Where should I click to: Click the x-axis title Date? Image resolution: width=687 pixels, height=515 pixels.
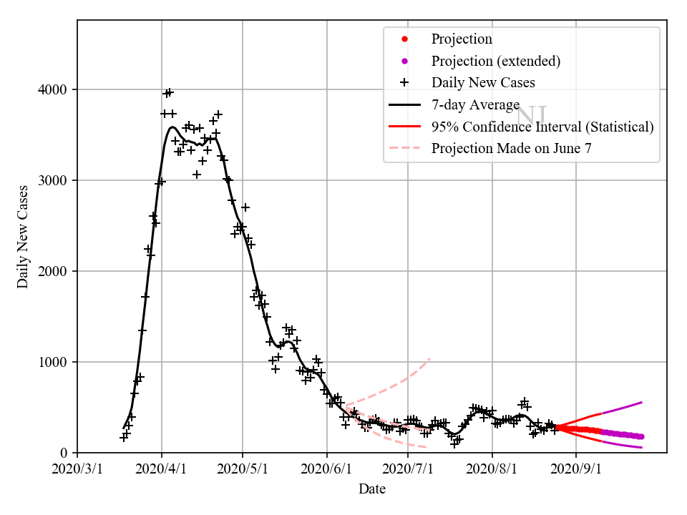click(372, 489)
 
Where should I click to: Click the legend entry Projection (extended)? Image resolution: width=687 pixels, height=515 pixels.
click(495, 61)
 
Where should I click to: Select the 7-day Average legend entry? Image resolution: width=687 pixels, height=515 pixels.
click(475, 104)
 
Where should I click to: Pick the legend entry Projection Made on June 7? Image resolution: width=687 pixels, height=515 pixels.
click(511, 149)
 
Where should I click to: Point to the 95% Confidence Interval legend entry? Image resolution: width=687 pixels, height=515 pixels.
click(542, 127)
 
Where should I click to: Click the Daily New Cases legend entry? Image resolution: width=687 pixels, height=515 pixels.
click(482, 82)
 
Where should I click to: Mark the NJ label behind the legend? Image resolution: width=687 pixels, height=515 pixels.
click(532, 114)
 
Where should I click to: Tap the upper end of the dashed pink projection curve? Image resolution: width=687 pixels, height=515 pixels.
click(429, 358)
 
